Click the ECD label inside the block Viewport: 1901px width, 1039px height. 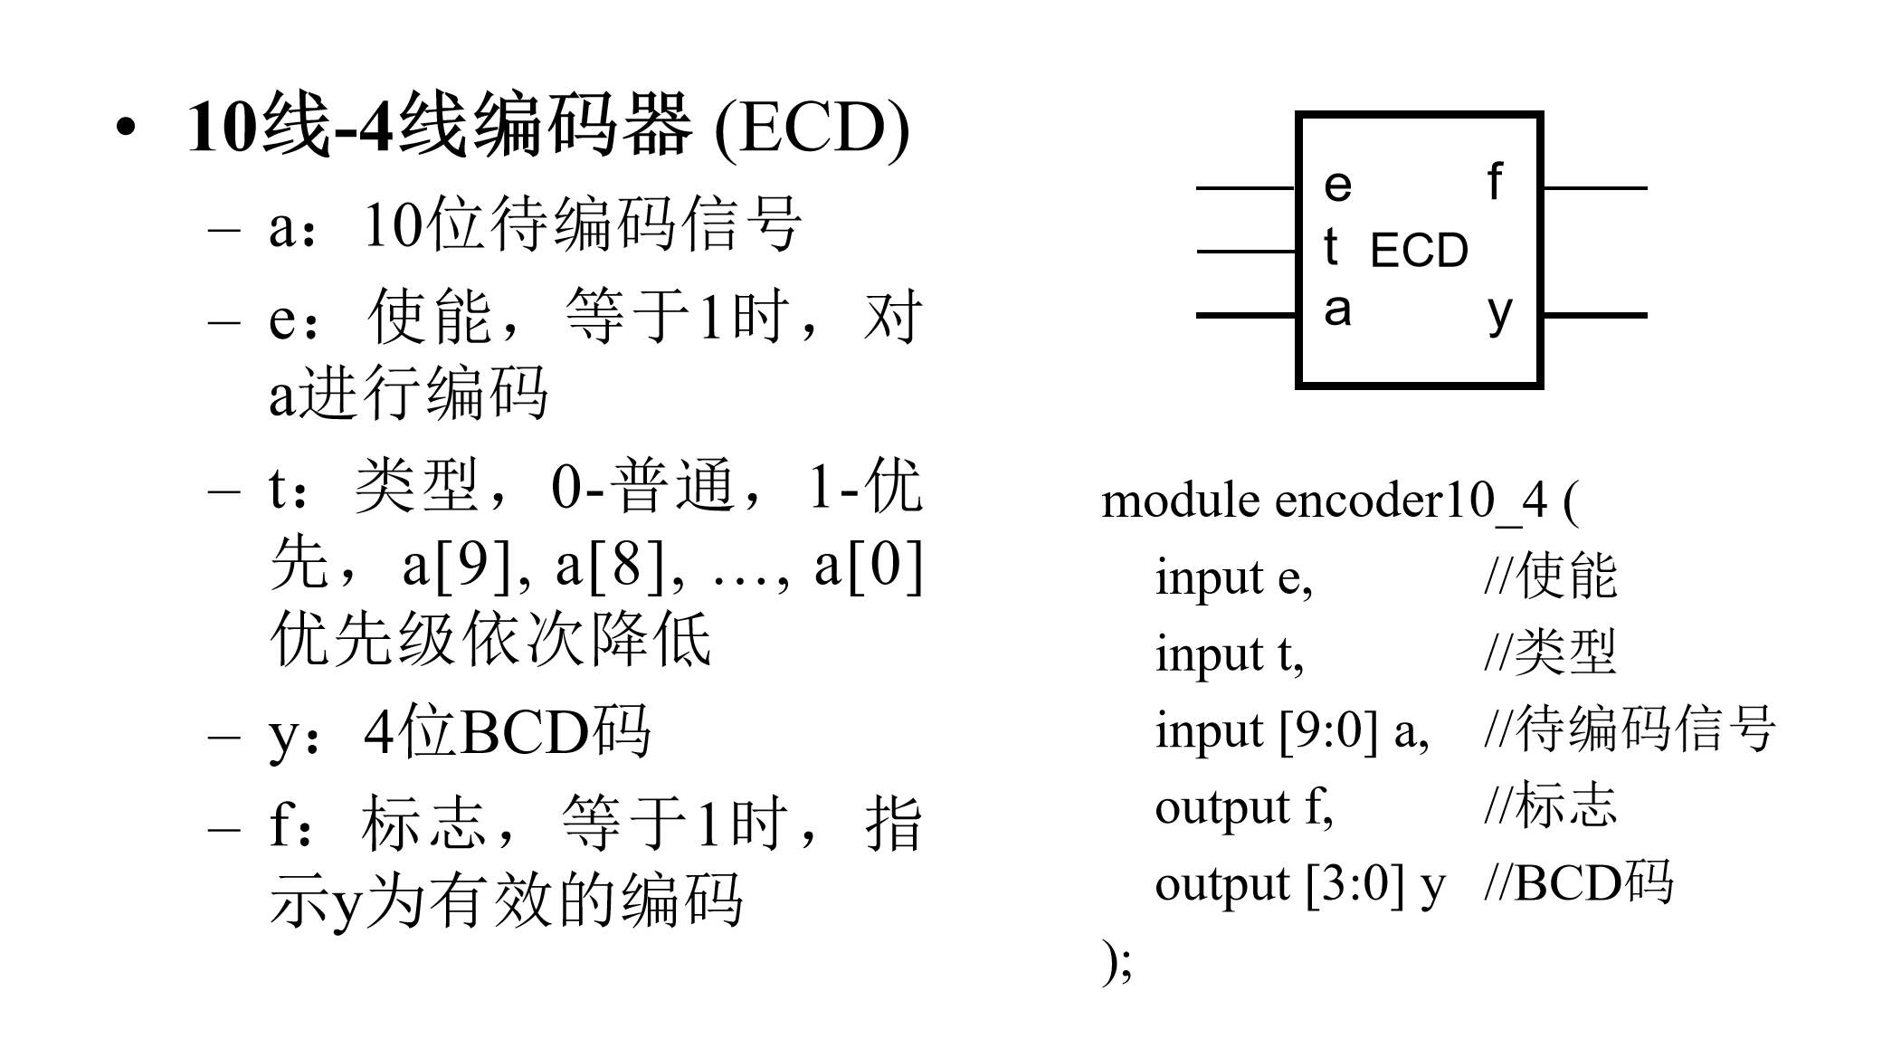pos(1419,251)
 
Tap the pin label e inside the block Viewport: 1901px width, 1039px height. pos(1337,186)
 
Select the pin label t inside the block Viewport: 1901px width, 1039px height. pos(1330,246)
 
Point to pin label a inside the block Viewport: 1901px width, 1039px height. pos(1337,310)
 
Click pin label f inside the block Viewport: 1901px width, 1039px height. pos(1495,181)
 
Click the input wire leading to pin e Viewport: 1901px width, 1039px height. pos(1247,188)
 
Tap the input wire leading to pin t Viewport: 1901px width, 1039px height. pos(1247,252)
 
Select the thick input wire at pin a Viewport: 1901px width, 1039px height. pos(1247,315)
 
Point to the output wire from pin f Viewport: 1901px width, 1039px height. pos(1594,188)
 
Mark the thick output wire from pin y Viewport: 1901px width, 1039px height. pos(1594,315)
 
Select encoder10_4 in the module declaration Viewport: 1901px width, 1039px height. pos(1411,503)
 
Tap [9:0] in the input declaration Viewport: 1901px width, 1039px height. pos(1329,731)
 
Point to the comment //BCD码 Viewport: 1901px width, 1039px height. pos(1579,883)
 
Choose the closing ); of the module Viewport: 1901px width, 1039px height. pos(1117,962)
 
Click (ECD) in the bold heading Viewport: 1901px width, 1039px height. pos(812,128)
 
